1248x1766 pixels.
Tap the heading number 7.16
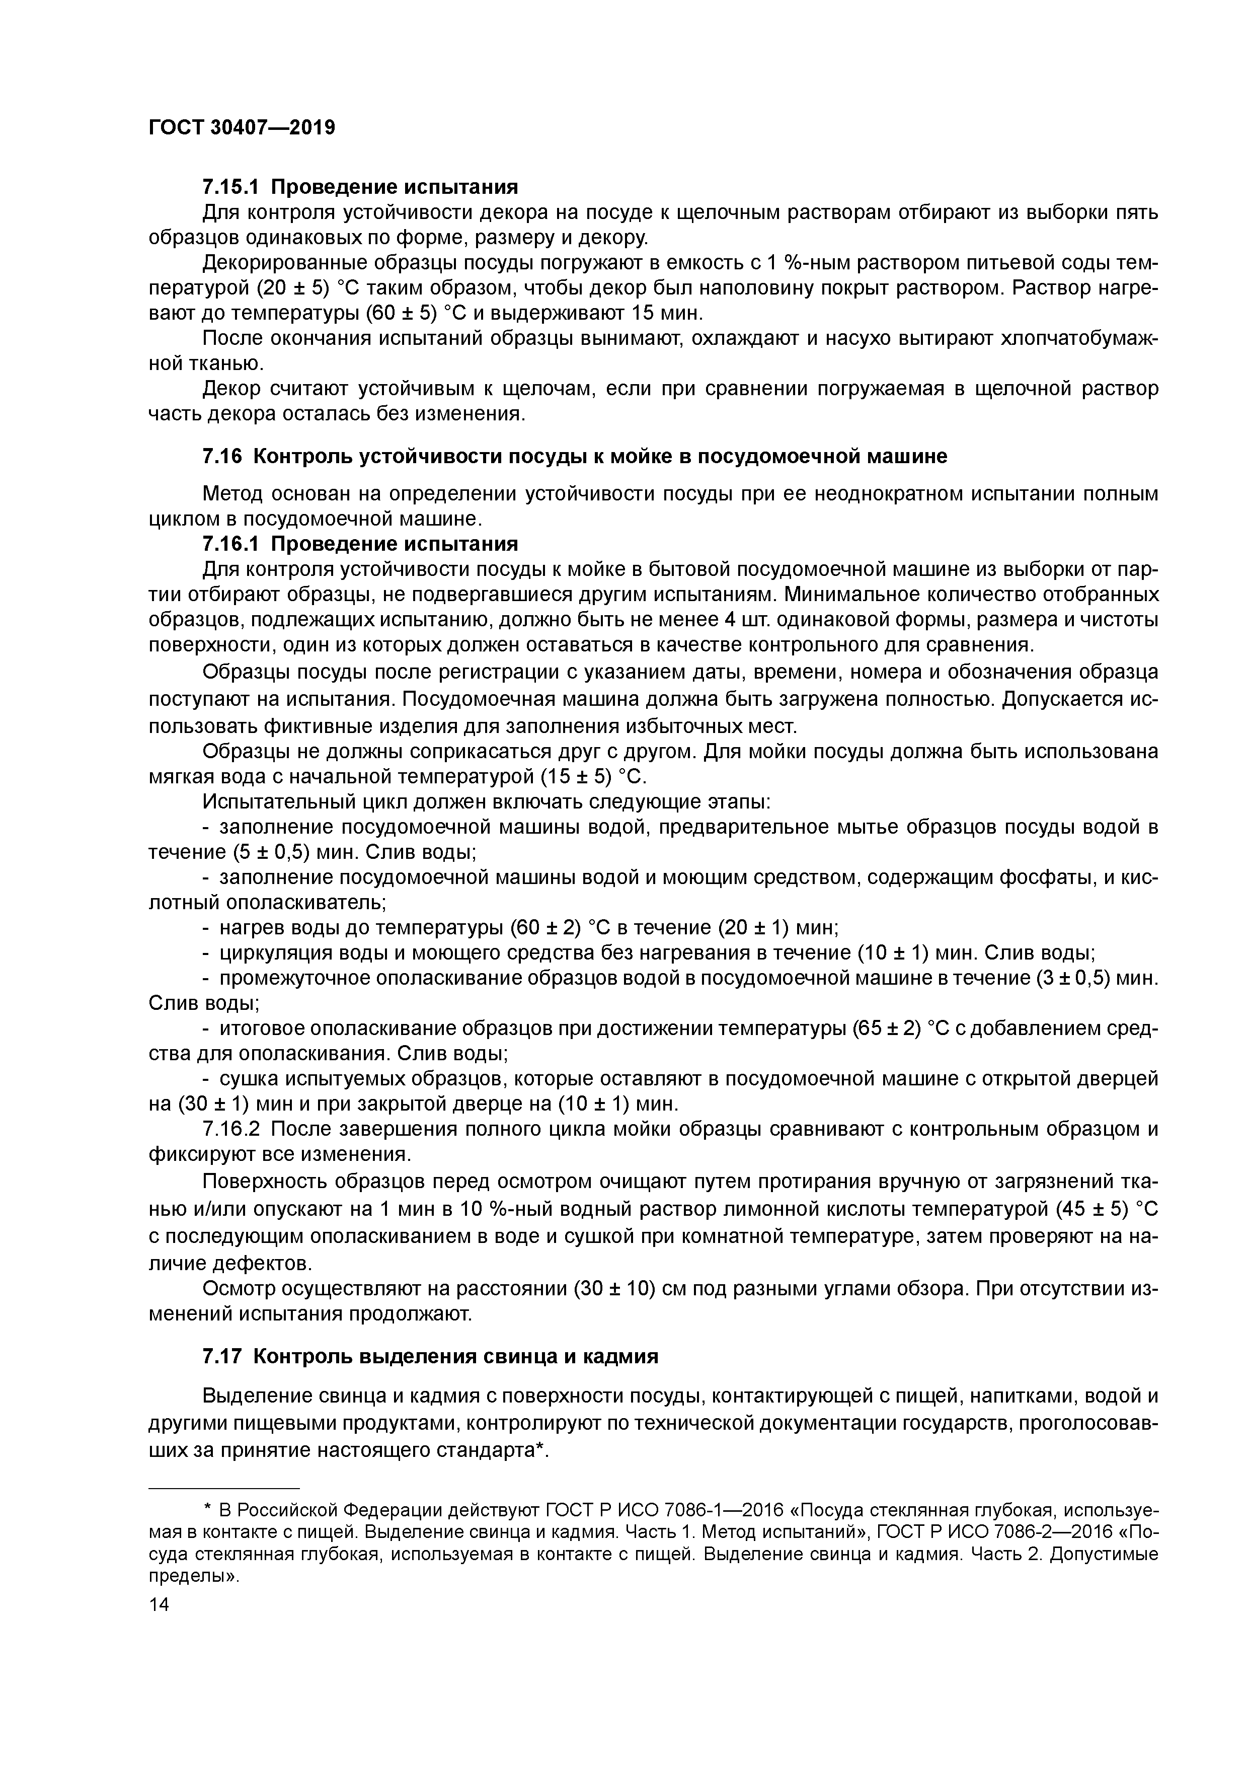[x=221, y=456]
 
